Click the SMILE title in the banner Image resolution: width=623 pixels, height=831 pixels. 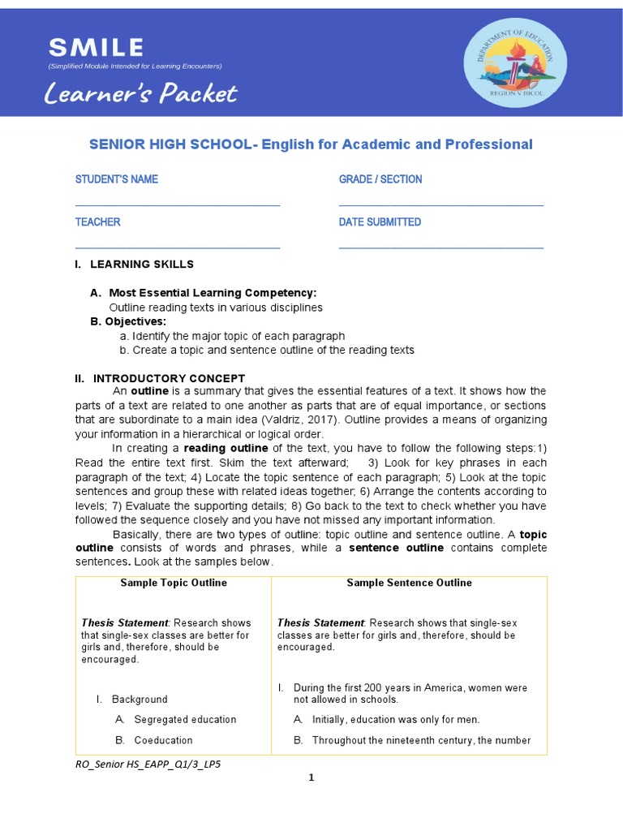[x=95, y=48]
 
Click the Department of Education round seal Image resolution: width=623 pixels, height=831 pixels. [x=515, y=62]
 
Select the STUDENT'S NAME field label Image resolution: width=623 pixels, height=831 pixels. [x=117, y=179]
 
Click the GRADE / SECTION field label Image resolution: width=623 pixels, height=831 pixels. [x=380, y=179]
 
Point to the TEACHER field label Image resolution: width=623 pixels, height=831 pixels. [x=98, y=222]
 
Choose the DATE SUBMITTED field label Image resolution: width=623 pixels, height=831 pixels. [x=380, y=222]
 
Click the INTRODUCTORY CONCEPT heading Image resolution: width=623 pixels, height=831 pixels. [x=169, y=378]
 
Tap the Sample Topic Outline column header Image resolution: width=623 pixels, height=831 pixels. [x=174, y=583]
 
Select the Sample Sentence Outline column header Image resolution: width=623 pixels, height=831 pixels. [x=409, y=583]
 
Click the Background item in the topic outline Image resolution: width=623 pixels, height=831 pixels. [x=140, y=699]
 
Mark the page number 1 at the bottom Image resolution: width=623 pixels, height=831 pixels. [x=311, y=778]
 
